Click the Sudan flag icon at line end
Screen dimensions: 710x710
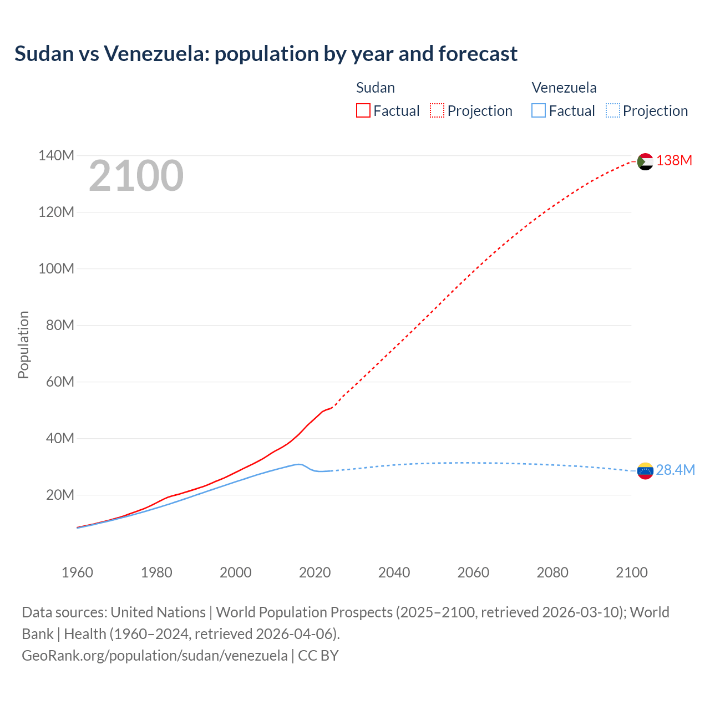(x=645, y=161)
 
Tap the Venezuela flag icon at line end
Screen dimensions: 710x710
(x=645, y=471)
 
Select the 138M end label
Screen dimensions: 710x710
(x=674, y=161)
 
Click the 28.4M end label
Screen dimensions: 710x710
(x=675, y=470)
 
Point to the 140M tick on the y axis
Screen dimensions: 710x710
(x=56, y=155)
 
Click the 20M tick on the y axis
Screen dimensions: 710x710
(x=60, y=495)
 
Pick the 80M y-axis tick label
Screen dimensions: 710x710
(x=60, y=325)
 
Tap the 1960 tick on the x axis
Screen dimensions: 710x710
(x=77, y=572)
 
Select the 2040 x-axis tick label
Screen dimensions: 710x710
(x=394, y=572)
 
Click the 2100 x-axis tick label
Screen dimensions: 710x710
(x=631, y=572)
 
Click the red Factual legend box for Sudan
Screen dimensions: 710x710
(x=363, y=111)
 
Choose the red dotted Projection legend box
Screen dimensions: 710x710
(x=437, y=111)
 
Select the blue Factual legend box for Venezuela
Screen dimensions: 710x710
(x=538, y=111)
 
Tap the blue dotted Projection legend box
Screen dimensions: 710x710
(x=612, y=111)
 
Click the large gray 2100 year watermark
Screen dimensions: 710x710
(x=136, y=176)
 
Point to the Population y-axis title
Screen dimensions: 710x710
(x=23, y=344)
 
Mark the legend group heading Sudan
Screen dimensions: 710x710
(x=376, y=88)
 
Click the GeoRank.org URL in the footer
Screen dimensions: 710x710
(x=155, y=656)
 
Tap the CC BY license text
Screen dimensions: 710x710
(x=318, y=656)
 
